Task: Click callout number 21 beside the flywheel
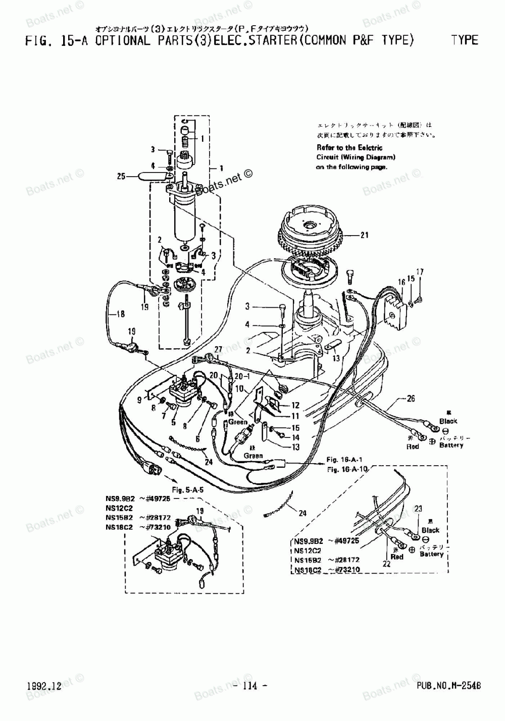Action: pos(365,235)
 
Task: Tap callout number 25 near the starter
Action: pos(121,176)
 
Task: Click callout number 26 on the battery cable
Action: pos(411,399)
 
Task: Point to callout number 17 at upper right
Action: pos(420,272)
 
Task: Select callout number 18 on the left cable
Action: pos(120,314)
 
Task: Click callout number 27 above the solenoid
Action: pos(218,350)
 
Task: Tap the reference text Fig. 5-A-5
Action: pos(191,489)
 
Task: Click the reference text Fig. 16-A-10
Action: pos(348,469)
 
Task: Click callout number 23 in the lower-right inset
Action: pos(418,509)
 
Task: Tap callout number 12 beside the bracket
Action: pos(295,405)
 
